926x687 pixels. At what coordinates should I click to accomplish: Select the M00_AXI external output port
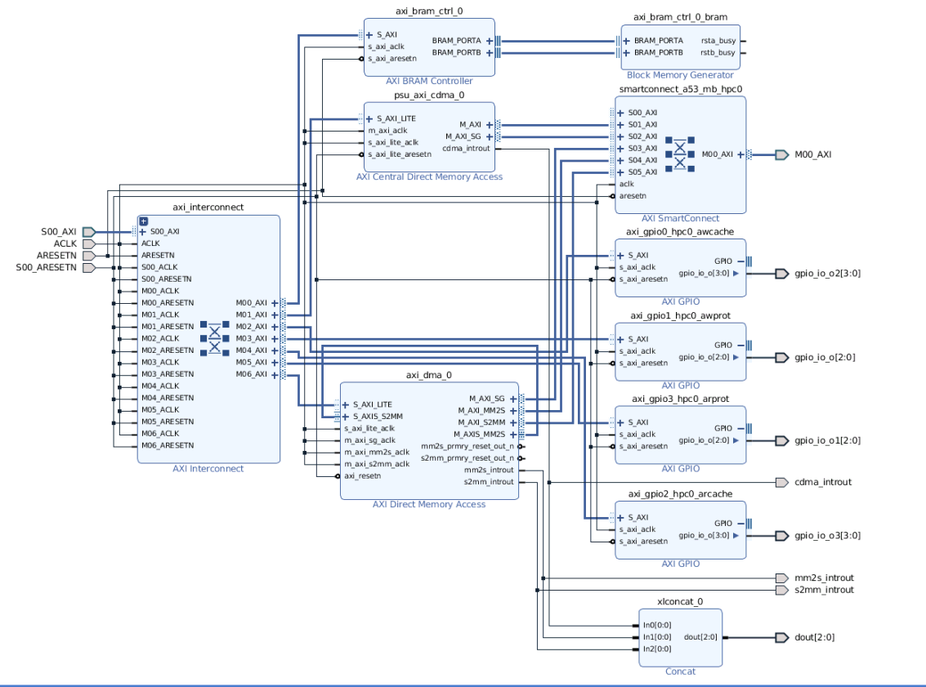(812, 154)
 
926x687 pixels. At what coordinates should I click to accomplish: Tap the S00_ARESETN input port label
(46, 267)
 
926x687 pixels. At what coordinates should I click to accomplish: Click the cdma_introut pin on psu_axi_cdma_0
(466, 148)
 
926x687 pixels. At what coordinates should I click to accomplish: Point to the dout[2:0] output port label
(814, 637)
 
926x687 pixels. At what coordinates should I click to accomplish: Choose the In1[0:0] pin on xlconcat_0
(657, 637)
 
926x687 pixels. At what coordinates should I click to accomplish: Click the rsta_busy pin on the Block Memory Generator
(718, 40)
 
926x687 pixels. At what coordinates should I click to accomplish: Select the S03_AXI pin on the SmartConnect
(642, 148)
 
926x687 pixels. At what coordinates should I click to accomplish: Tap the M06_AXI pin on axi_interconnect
(251, 374)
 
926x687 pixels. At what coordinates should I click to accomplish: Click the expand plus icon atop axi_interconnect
(143, 221)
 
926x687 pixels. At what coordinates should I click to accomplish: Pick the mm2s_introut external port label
(824, 578)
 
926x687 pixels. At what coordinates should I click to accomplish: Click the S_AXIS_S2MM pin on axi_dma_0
(378, 416)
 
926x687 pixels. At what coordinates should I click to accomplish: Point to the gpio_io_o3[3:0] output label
(827, 536)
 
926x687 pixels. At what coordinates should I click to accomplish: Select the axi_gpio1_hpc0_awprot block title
(680, 315)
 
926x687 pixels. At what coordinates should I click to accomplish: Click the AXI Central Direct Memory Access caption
(429, 176)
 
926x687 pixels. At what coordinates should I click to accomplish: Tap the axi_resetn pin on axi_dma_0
(362, 475)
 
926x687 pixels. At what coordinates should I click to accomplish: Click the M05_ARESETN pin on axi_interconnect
(167, 422)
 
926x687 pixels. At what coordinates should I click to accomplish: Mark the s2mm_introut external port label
(824, 590)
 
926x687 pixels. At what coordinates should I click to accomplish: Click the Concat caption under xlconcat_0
(680, 671)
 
